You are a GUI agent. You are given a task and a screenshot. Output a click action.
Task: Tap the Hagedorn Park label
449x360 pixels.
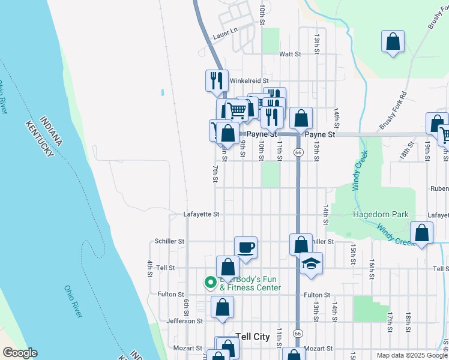381,214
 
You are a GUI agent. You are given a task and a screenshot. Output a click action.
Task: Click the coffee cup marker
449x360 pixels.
246,247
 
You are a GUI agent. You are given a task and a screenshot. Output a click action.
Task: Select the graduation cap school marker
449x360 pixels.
311,263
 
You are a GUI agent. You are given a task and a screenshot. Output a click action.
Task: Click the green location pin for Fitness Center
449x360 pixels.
210,281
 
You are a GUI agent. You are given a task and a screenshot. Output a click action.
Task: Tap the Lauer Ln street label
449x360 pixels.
225,37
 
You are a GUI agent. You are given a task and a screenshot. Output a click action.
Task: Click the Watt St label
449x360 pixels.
289,54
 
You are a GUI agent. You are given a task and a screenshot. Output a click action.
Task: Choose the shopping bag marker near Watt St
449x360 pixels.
393,42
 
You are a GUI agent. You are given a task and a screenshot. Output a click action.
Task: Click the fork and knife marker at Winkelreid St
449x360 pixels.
217,80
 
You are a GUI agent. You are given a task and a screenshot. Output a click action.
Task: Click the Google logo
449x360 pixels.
20,353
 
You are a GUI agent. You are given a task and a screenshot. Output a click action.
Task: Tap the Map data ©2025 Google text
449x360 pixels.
412,355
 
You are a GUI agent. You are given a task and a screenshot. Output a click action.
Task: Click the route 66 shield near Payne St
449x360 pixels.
298,153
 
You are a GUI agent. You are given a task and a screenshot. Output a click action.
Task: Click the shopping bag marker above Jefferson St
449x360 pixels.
222,307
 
